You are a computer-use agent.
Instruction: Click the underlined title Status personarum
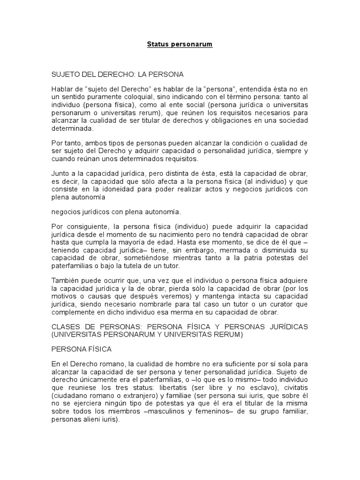pyautogui.click(x=180, y=45)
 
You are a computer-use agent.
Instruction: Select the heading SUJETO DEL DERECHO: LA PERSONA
pyautogui.click(x=117, y=74)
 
